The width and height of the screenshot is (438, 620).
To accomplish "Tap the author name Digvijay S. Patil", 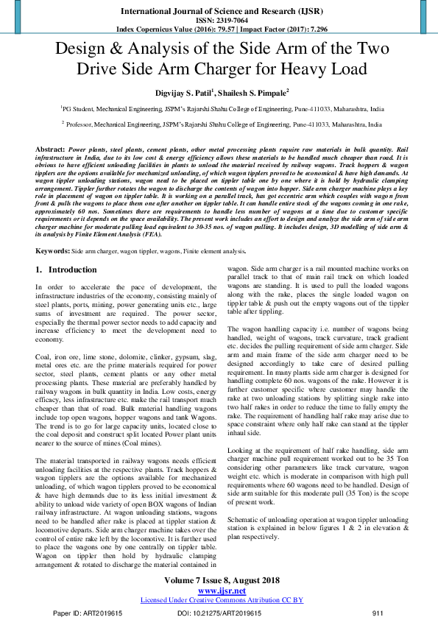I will pyautogui.click(x=194, y=92).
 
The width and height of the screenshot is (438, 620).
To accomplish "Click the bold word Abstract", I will pyautogui.click(x=49, y=149).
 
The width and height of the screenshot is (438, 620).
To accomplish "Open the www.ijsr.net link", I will pyautogui.click(x=219, y=591).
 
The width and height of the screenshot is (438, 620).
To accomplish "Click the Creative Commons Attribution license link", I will pyautogui.click(x=219, y=600).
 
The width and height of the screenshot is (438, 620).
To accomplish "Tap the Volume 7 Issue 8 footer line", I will pyautogui.click(x=219, y=581).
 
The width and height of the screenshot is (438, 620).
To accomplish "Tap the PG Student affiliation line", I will pyautogui.click(x=219, y=108).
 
